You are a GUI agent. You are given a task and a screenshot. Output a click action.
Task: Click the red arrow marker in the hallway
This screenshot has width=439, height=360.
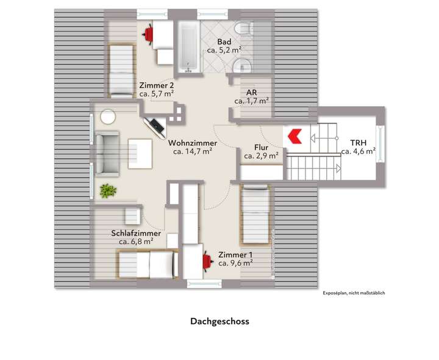(x=294, y=135)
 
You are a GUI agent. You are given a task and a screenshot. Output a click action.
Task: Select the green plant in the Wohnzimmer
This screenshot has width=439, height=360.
(x=108, y=191)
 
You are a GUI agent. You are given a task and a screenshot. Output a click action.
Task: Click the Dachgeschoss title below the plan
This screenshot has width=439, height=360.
(x=220, y=320)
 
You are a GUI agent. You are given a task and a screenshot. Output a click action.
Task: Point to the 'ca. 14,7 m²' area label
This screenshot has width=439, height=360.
(x=192, y=151)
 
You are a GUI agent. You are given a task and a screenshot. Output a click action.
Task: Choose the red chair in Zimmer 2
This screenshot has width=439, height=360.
(x=148, y=34)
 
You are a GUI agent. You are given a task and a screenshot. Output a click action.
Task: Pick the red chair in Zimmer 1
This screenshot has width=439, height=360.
(x=206, y=261)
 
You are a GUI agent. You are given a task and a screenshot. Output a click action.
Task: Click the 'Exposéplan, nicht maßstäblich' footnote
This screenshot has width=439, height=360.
(x=354, y=293)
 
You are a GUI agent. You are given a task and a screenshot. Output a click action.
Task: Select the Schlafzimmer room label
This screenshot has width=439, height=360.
(x=136, y=233)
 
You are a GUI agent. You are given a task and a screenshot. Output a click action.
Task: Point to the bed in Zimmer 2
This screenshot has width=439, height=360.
(x=121, y=70)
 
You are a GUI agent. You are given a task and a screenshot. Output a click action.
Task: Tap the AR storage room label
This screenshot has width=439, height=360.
(x=251, y=93)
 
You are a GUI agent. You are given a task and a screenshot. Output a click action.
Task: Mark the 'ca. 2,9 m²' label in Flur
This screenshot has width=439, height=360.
(x=261, y=156)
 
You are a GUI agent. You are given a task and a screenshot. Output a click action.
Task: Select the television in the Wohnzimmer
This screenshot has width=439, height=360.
(x=154, y=125)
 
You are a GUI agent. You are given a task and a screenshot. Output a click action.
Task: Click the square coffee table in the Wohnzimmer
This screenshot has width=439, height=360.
(x=140, y=152)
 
